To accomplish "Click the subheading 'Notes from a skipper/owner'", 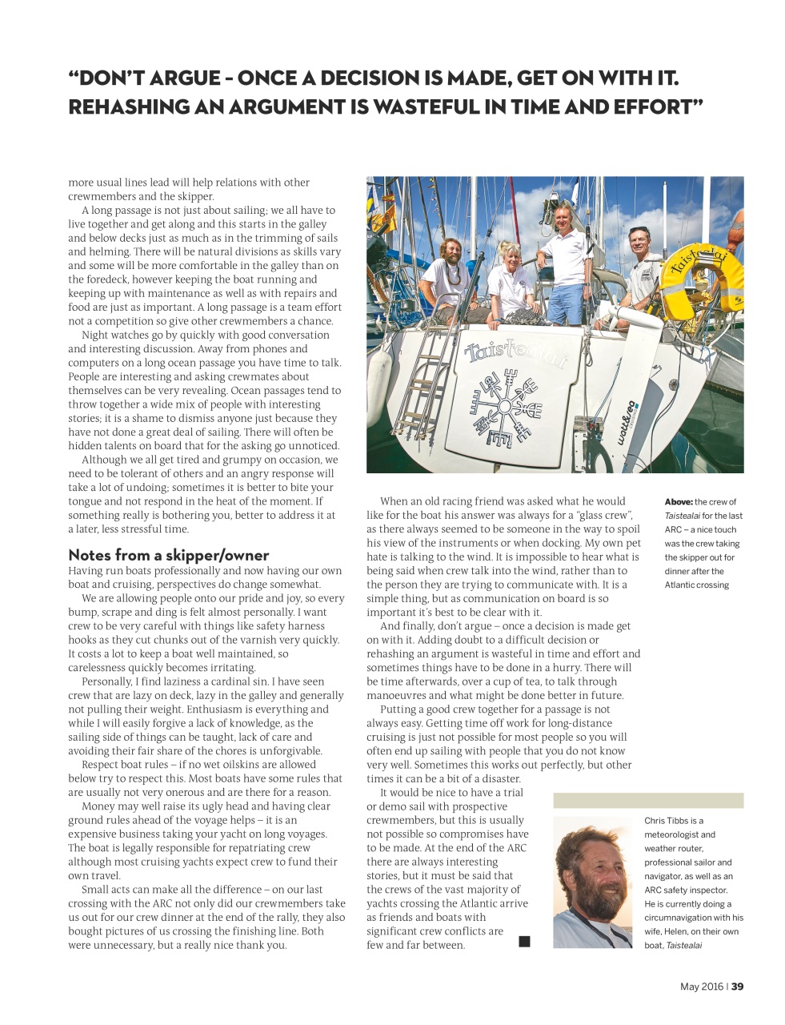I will pos(168,555).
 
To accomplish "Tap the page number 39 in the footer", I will pos(737,987).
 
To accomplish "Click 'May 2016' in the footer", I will pos(701,987).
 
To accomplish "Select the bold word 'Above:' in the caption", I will pos(679,502).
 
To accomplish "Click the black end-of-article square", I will pos(524,941).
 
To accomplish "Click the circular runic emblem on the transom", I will pos(506,404).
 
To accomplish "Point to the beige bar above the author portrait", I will pos(648,800).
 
